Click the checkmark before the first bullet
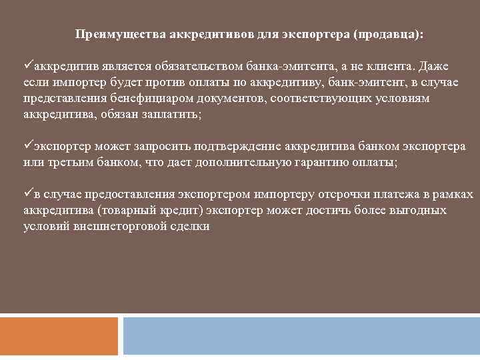click(28, 67)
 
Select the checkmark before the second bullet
click(28, 146)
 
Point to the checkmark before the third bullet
click(28, 194)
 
